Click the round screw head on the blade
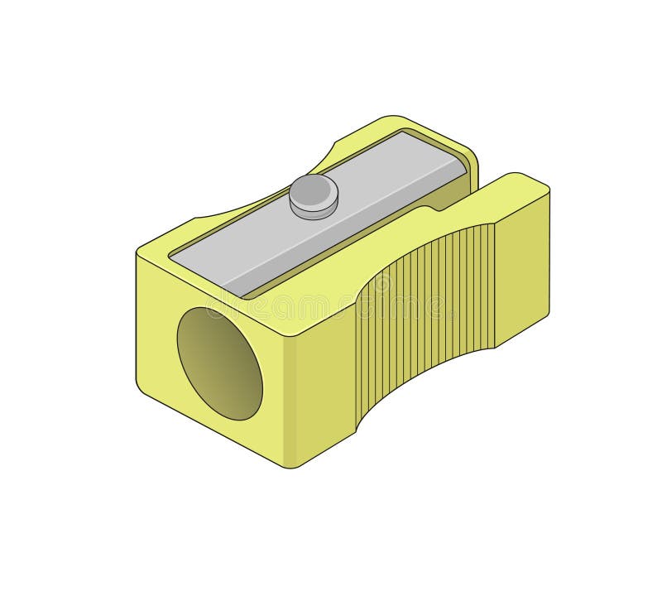point(314,195)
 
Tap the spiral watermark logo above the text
point(381,284)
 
